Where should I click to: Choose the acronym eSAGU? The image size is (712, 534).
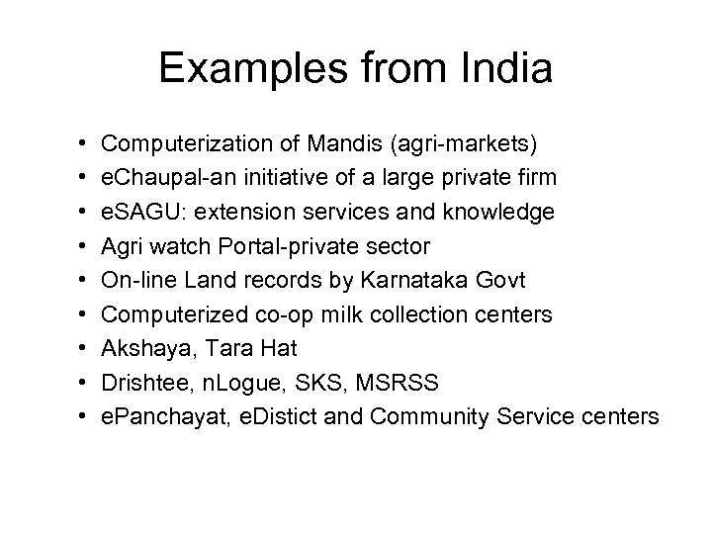(x=139, y=213)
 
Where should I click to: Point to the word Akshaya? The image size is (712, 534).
(x=139, y=349)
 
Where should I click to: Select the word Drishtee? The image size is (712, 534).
(x=139, y=383)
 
